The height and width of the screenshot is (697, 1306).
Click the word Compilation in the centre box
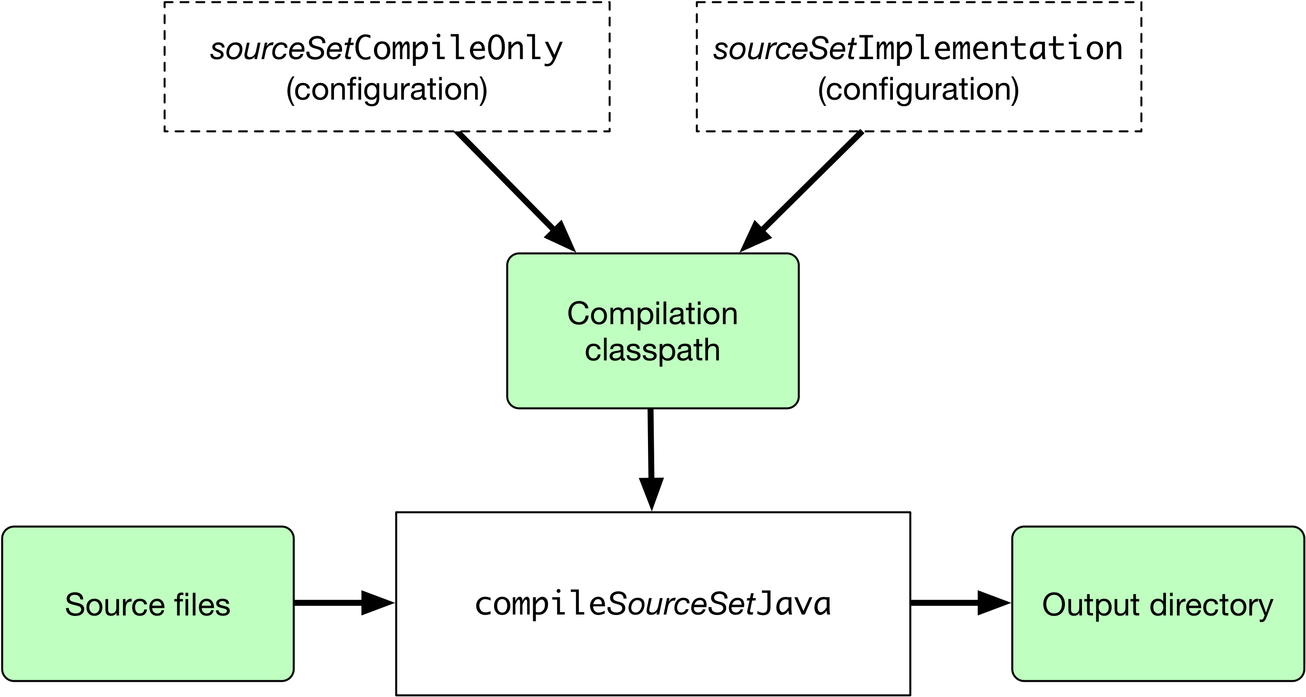(x=652, y=314)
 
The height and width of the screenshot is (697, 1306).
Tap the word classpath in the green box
(x=652, y=350)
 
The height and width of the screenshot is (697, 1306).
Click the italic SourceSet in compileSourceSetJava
(x=681, y=604)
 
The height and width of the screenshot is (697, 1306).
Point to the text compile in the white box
(x=540, y=604)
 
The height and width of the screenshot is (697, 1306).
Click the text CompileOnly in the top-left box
(x=458, y=49)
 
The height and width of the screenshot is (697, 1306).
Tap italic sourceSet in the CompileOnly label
(x=282, y=49)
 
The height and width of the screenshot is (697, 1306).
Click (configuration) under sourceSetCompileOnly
(x=386, y=89)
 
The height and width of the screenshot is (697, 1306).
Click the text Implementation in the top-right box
(x=990, y=49)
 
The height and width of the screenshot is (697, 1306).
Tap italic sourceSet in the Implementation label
(x=785, y=49)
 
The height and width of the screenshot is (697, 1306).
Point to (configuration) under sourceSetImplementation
(x=918, y=89)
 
